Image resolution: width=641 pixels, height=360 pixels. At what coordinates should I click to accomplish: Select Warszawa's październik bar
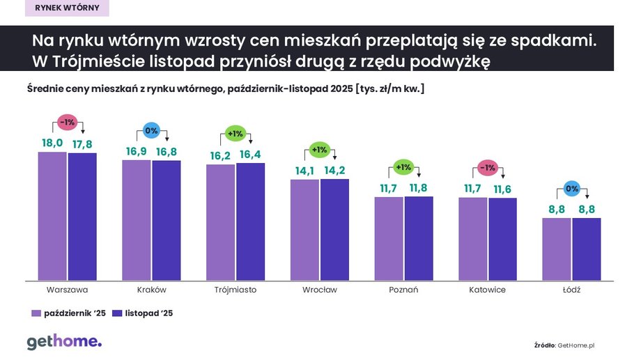(x=52, y=216)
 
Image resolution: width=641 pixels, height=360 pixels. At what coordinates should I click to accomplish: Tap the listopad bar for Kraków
(x=167, y=220)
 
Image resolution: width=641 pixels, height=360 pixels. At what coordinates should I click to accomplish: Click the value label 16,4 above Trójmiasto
(x=250, y=155)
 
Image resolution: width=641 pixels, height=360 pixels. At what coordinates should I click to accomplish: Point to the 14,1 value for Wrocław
(x=304, y=171)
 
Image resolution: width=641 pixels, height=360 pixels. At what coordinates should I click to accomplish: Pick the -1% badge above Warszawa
(x=68, y=121)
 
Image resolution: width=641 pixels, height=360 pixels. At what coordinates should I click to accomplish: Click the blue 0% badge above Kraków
(x=151, y=130)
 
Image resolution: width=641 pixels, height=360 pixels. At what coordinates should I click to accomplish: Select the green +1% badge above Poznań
(x=403, y=166)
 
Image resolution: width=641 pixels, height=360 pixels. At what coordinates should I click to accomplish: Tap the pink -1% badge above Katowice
(x=488, y=167)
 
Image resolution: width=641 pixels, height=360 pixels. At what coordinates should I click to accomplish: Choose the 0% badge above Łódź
(x=571, y=187)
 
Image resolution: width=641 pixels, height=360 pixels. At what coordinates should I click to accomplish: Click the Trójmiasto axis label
(x=235, y=290)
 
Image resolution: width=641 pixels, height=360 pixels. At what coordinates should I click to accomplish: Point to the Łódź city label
(x=571, y=290)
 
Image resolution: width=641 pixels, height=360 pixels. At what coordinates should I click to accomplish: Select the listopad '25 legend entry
(x=144, y=313)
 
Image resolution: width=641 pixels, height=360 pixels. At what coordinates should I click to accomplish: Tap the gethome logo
(x=64, y=341)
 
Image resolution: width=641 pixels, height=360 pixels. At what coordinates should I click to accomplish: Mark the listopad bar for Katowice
(x=502, y=239)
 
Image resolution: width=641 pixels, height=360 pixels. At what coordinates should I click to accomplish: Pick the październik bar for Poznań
(x=389, y=238)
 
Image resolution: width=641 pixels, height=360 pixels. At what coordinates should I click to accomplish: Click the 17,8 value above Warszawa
(x=82, y=144)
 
